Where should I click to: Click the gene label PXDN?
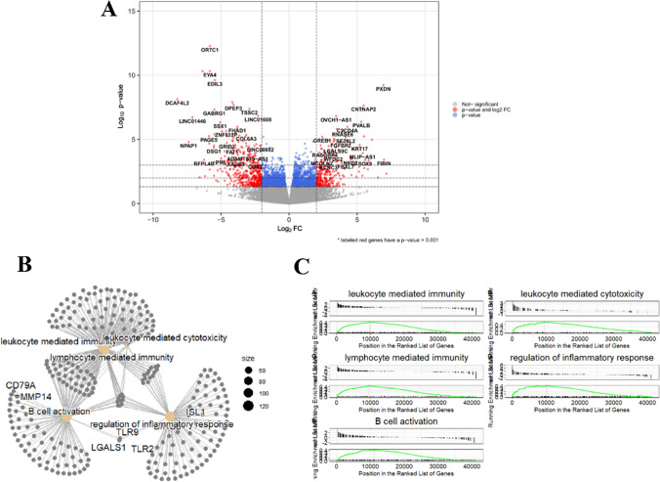coord(383,89)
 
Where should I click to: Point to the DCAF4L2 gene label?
coord(177,103)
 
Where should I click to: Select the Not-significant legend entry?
coord(488,103)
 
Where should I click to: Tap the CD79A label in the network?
coord(22,388)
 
